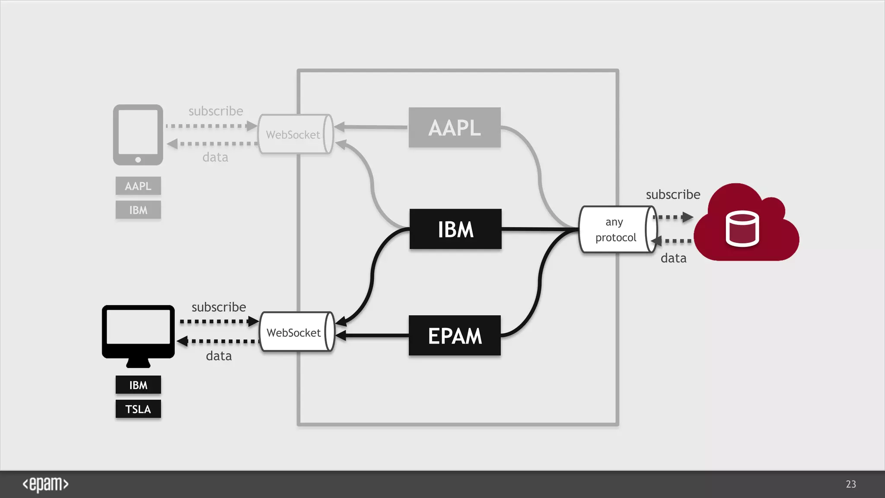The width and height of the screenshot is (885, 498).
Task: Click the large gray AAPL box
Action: pyautogui.click(x=455, y=128)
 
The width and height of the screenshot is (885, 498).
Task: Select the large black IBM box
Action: pyautogui.click(x=455, y=229)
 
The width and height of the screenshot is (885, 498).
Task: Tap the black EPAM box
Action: pyautogui.click(x=455, y=335)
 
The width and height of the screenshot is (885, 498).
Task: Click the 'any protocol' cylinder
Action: pyautogui.click(x=617, y=230)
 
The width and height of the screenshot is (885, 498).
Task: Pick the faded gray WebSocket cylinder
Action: pyautogui.click(x=295, y=134)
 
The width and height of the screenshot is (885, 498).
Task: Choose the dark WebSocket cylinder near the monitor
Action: pyautogui.click(x=296, y=332)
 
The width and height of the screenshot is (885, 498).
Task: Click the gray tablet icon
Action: pyautogui.click(x=138, y=135)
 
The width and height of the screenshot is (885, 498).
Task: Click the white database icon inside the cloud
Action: pyautogui.click(x=742, y=229)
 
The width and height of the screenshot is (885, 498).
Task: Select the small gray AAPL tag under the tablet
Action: pyautogui.click(x=138, y=186)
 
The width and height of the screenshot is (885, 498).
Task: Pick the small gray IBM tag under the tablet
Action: pyautogui.click(x=138, y=210)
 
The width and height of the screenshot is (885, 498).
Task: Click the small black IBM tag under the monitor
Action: pyautogui.click(x=138, y=385)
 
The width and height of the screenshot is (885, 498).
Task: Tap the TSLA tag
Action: pyautogui.click(x=138, y=409)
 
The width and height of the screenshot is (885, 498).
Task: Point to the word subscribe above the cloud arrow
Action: pyautogui.click(x=673, y=195)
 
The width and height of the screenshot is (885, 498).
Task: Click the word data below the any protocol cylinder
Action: pyautogui.click(x=673, y=258)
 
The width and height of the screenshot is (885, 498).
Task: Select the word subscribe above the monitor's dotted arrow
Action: pyautogui.click(x=219, y=307)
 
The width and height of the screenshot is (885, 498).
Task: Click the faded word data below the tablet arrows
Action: pyautogui.click(x=215, y=157)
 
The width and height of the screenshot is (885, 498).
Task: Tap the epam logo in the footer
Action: pyautogui.click(x=45, y=484)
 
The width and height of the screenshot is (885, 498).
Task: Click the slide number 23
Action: pyautogui.click(x=851, y=484)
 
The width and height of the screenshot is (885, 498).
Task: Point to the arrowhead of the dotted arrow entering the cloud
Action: pyautogui.click(x=688, y=217)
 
